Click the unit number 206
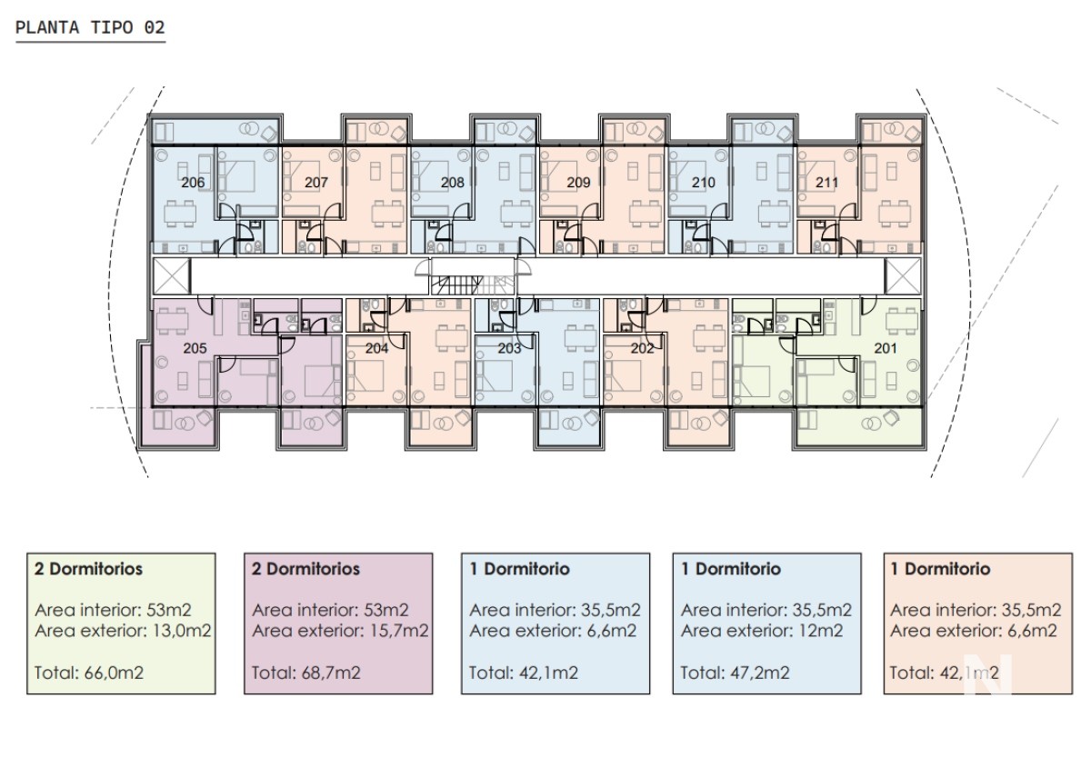193,183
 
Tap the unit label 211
827,183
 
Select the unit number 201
886,348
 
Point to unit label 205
195,348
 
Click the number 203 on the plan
509,348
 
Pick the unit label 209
578,183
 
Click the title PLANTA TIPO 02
91,27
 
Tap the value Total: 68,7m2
305,673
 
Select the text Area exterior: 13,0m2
123,631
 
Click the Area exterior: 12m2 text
762,631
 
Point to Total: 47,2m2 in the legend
735,673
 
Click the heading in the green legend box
88,569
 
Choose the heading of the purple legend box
305,569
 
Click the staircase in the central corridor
473,284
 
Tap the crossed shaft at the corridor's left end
171,276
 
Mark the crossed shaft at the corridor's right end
903,276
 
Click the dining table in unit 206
180,214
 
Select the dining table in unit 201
902,322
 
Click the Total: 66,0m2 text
89,673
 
